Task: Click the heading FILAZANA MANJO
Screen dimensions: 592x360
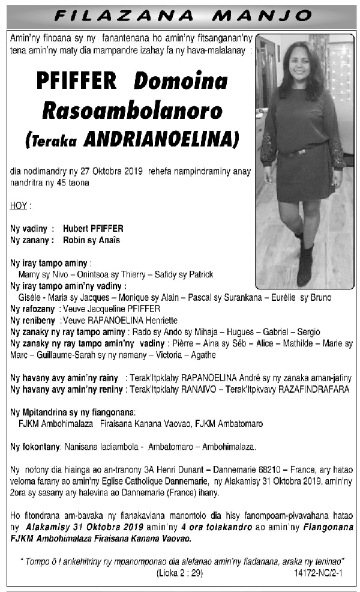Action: (x=181, y=15)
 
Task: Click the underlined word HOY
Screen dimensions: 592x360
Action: (x=19, y=206)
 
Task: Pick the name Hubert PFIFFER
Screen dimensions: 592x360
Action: (x=93, y=229)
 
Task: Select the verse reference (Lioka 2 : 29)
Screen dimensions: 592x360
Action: (x=179, y=573)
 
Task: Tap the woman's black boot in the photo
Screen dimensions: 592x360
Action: (x=305, y=264)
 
